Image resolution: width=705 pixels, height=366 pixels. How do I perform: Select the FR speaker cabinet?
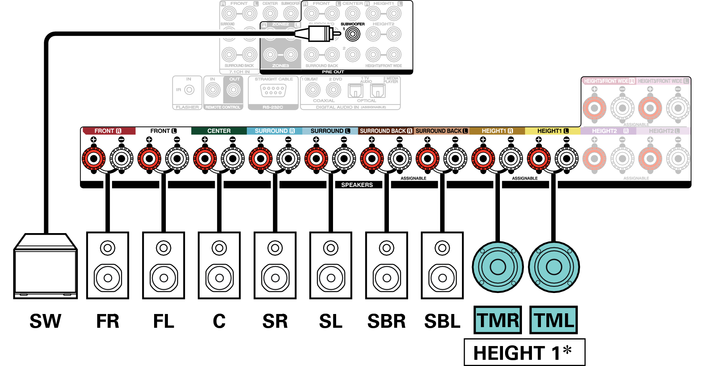tap(108, 265)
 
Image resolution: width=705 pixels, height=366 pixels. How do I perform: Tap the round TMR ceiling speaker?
tap(498, 267)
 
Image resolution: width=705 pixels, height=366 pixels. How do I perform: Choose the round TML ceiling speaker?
tap(554, 267)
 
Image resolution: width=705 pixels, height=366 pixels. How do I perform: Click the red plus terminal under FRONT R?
tap(93, 159)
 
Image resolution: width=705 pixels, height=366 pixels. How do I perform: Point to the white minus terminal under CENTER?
tap(233, 159)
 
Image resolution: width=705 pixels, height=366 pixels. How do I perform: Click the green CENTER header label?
tap(219, 131)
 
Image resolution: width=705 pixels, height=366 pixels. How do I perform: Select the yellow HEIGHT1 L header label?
tap(553, 131)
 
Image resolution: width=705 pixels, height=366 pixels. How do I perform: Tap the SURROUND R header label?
tap(274, 131)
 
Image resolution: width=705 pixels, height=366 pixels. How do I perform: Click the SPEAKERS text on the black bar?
tap(357, 185)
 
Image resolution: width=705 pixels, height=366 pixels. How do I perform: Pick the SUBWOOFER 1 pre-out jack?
tap(352, 34)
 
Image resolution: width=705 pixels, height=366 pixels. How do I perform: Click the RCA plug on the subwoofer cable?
tap(319, 34)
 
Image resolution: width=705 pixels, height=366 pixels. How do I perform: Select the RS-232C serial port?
tap(273, 90)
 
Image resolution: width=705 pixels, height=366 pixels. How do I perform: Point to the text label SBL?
tap(442, 321)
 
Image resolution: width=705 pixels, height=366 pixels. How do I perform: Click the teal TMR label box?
tap(497, 320)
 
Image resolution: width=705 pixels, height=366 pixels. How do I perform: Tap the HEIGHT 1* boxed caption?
tap(524, 353)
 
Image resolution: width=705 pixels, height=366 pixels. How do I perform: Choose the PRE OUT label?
tap(333, 72)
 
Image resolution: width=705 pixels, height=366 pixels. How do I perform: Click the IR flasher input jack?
tap(189, 90)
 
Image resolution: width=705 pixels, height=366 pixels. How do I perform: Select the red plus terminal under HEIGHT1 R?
tap(483, 159)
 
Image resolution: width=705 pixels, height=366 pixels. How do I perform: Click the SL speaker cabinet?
tap(331, 265)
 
